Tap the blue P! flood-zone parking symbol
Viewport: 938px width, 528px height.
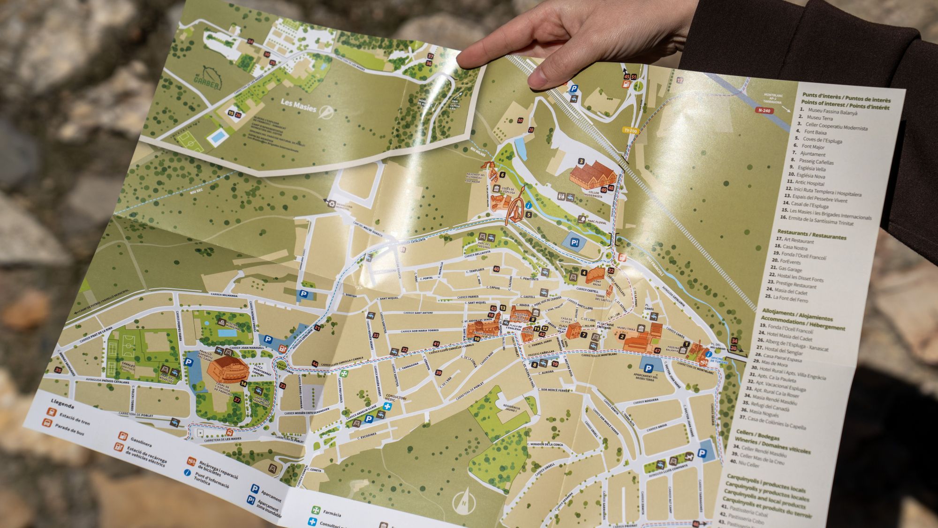point(575,242)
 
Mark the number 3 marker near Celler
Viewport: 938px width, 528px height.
point(581,161)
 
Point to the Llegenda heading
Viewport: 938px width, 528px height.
point(62,403)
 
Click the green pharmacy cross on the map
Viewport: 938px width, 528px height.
point(344,374)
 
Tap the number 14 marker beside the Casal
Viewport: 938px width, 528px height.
point(243,383)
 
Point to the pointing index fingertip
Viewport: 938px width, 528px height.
point(462,61)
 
